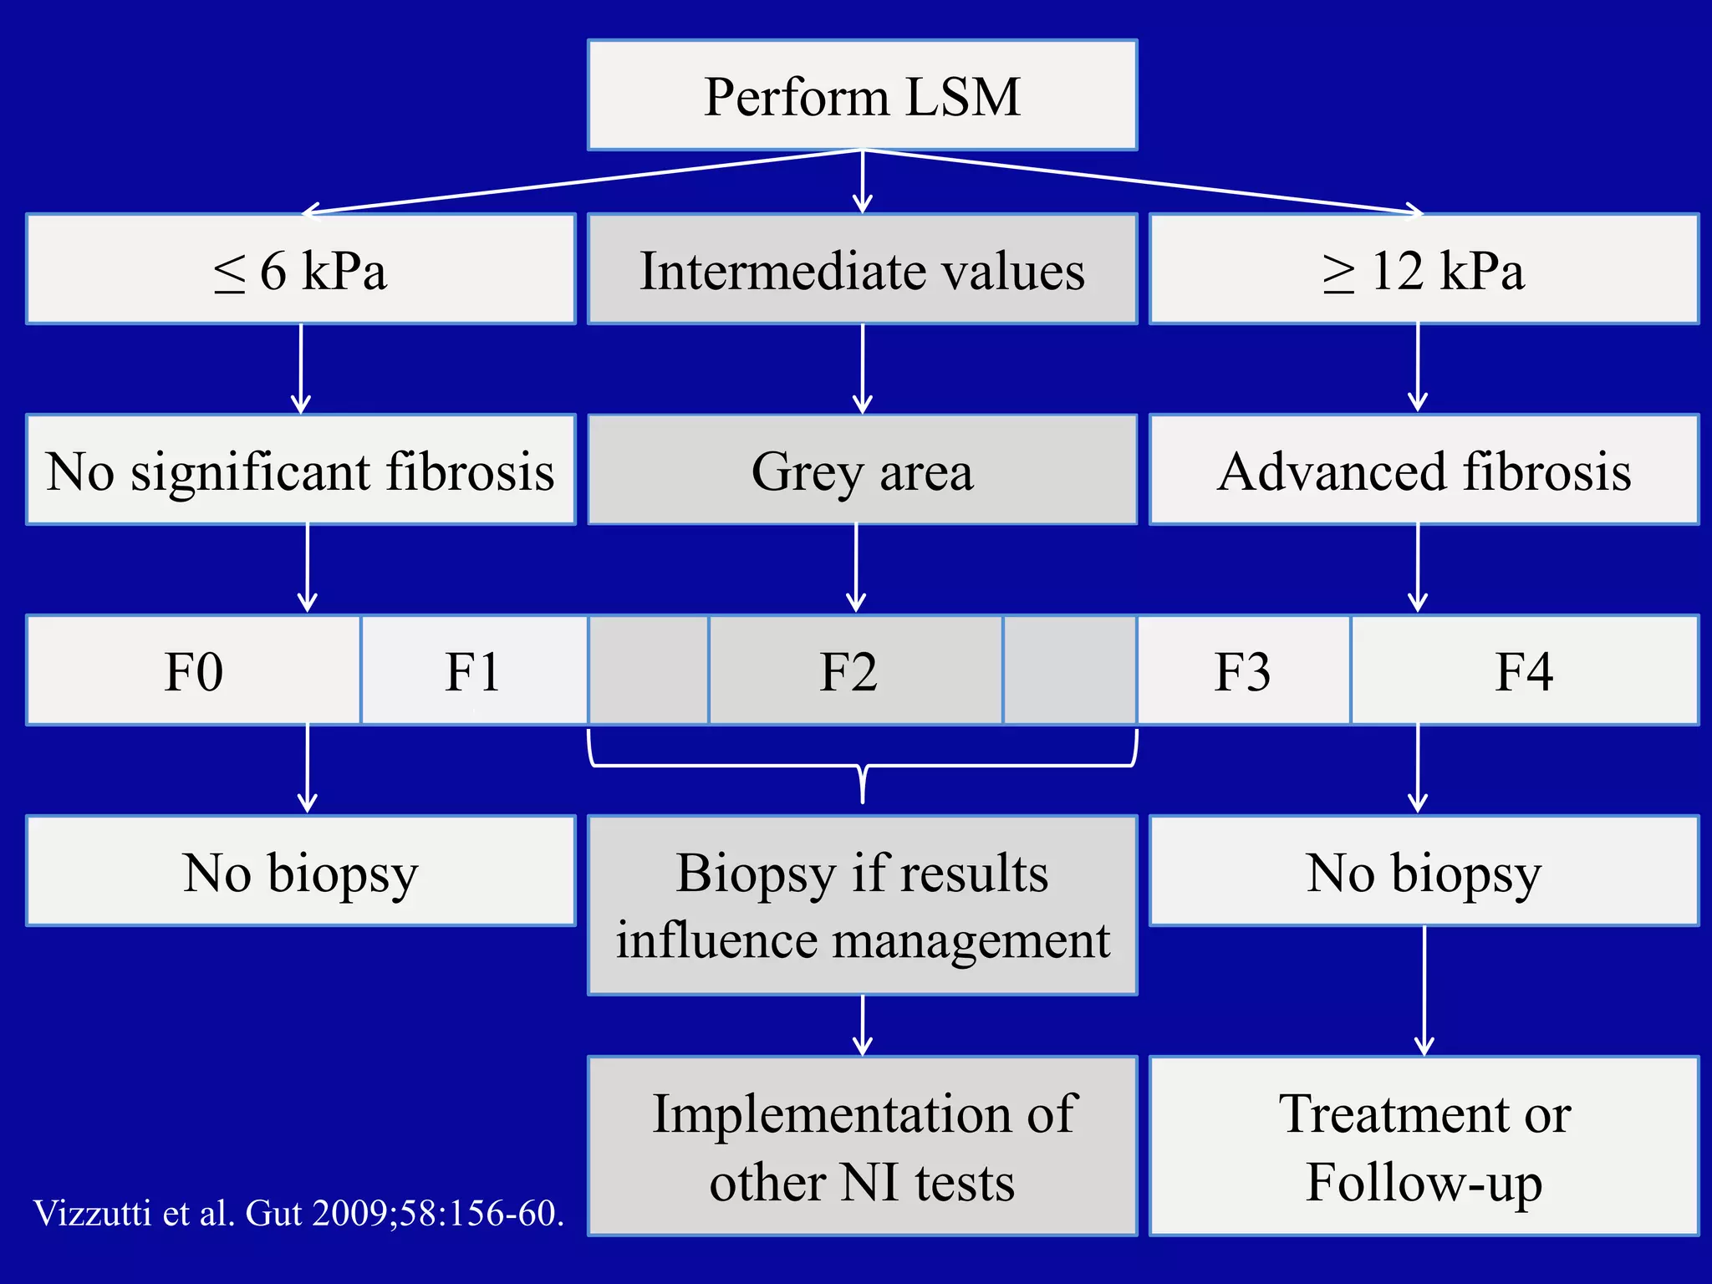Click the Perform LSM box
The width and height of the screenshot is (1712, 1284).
(x=862, y=95)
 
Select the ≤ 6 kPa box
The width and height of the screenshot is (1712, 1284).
(x=301, y=269)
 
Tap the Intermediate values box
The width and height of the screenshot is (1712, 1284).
(x=862, y=269)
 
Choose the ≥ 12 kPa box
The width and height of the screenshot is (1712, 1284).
(x=1424, y=269)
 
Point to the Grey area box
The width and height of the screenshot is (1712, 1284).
(x=862, y=470)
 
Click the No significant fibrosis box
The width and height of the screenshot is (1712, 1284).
(x=301, y=470)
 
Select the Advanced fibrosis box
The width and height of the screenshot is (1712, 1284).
(x=1424, y=470)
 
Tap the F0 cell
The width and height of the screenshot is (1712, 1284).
(x=194, y=670)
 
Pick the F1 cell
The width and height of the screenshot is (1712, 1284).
(x=473, y=670)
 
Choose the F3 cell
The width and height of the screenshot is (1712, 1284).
(x=1242, y=670)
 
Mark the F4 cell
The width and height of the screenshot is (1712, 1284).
(x=1523, y=670)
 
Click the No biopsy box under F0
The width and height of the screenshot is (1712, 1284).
(x=301, y=871)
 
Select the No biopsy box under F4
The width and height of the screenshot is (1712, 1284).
(x=1424, y=871)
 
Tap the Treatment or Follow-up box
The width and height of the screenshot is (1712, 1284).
(x=1424, y=1146)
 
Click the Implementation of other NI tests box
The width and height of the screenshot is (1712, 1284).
(x=862, y=1146)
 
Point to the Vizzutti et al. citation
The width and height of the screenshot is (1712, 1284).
(x=298, y=1213)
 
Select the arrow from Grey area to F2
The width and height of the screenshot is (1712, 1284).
(x=856, y=568)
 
